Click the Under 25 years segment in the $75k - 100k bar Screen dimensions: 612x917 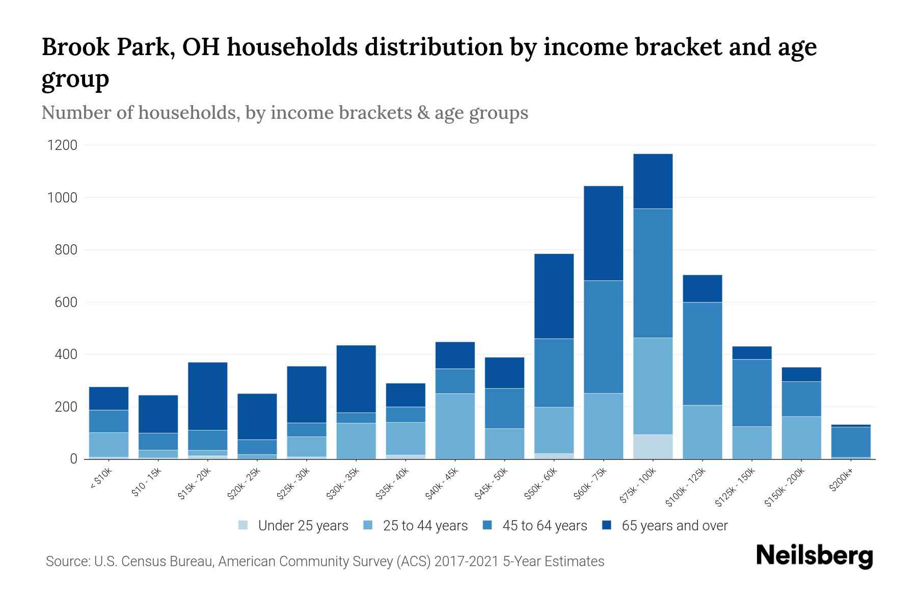(x=653, y=447)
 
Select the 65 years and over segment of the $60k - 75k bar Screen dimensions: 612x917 (x=603, y=233)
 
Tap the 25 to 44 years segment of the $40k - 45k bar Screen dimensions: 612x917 (x=455, y=426)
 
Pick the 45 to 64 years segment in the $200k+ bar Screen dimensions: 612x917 (x=851, y=442)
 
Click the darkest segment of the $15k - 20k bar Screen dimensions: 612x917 (x=207, y=396)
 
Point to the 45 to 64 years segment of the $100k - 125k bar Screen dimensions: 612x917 (x=702, y=353)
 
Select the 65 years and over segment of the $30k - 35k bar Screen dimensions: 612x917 (x=356, y=378)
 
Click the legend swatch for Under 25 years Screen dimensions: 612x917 (x=244, y=525)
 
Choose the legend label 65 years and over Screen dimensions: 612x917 (x=674, y=526)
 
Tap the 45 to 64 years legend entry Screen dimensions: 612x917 (x=544, y=526)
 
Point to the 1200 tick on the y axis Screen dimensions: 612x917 (x=62, y=145)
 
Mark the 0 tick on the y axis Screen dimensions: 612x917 (x=73, y=459)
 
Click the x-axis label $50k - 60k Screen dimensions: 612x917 (x=542, y=484)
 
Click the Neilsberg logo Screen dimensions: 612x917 (x=814, y=555)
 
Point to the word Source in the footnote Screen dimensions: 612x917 (x=67, y=562)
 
